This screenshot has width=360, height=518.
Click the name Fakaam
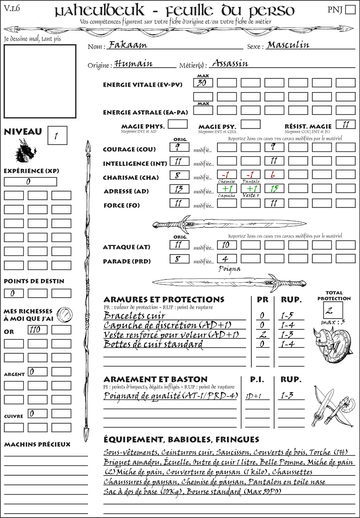128,45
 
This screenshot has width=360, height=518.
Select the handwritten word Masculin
288,45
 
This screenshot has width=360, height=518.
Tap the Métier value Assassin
230,63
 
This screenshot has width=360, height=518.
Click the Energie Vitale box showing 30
203,83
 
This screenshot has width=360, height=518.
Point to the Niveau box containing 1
57,135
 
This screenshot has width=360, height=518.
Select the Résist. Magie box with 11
346,124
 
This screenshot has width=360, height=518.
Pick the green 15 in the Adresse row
274,189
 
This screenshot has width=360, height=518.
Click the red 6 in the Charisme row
274,175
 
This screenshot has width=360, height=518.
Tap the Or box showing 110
37,330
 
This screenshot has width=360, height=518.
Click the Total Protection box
333,310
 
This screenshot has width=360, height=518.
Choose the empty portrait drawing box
40,81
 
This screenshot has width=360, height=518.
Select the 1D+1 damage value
253,396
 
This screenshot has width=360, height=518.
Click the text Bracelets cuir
134,316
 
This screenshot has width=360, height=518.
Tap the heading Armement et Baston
155,379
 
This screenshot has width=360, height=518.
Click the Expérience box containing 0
30,182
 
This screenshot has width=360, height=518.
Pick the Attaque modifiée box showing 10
226,245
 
